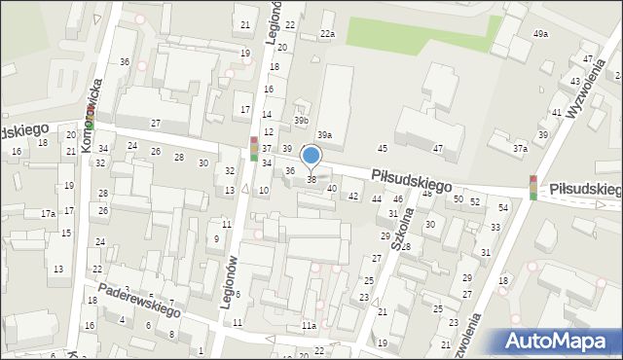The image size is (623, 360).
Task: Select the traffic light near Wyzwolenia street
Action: [533, 188]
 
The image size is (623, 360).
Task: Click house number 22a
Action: [328, 34]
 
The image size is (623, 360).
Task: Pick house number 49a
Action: [540, 34]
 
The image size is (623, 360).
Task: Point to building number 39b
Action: [301, 121]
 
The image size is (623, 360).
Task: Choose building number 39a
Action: [325, 135]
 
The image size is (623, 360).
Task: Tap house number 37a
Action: [521, 149]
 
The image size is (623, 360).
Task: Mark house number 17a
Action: [48, 213]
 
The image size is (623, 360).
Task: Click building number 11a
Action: [309, 325]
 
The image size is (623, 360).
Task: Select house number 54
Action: [502, 207]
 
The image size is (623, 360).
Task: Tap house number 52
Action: [474, 201]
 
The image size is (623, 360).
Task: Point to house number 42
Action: [353, 196]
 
